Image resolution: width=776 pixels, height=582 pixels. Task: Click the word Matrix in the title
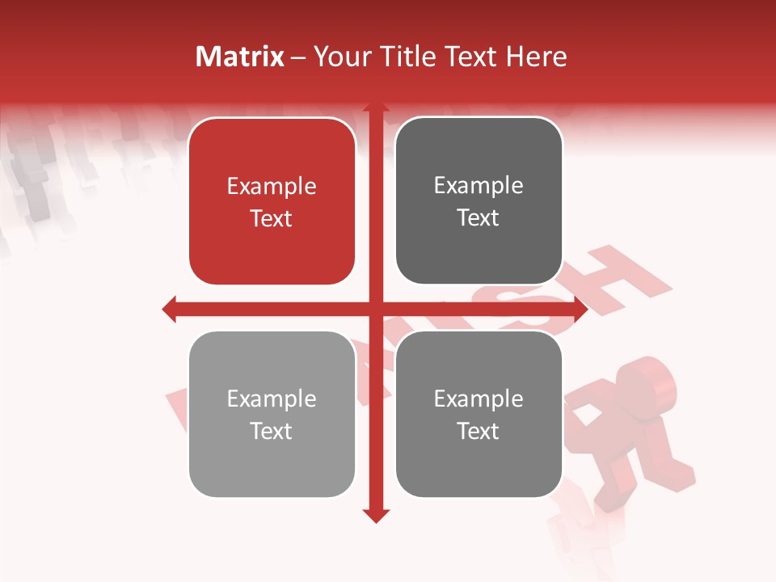coord(240,57)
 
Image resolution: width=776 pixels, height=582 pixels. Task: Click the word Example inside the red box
coord(272,187)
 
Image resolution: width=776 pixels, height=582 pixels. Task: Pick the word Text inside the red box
coord(272,219)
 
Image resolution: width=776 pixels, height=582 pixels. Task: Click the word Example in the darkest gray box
coord(479,186)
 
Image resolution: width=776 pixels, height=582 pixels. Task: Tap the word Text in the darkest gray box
coord(479,218)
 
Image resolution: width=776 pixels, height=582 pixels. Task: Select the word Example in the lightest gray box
coord(272,399)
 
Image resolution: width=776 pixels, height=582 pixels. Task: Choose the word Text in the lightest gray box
coord(272,432)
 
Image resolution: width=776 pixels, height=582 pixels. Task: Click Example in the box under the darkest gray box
coord(479,399)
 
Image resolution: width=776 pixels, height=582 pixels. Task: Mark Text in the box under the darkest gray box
coord(479,432)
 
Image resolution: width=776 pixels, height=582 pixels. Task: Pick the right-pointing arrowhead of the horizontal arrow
coord(580,309)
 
